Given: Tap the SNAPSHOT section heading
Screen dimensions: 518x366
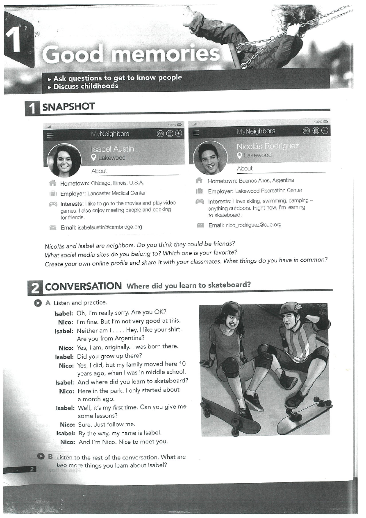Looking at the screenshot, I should (x=68, y=107).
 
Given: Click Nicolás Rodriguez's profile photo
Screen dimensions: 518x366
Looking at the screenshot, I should (x=210, y=158).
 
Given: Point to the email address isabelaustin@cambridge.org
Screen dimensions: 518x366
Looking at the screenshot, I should (x=110, y=227).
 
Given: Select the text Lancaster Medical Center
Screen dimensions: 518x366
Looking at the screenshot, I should (x=117, y=193).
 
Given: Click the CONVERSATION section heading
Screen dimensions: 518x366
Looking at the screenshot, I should (x=83, y=286).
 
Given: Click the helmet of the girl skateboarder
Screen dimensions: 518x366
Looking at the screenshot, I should (x=231, y=309).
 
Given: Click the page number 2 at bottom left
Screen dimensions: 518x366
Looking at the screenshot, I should (x=32, y=469).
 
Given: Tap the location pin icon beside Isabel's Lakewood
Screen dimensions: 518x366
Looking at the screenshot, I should (x=94, y=158).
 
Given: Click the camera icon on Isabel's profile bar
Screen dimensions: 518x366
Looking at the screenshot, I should (x=161, y=134).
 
